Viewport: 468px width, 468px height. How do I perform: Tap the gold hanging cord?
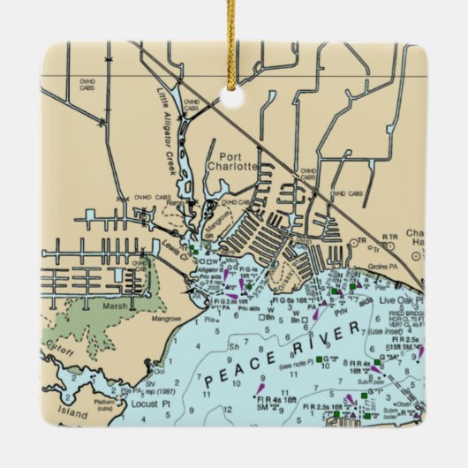click(x=234, y=40)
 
